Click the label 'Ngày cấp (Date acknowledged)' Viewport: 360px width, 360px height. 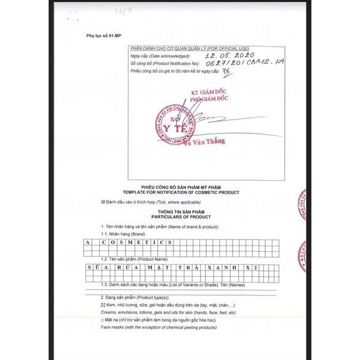[158, 56]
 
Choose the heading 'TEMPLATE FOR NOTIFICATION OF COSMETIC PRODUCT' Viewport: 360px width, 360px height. [180, 193]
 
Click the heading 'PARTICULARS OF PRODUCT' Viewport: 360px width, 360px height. [180, 218]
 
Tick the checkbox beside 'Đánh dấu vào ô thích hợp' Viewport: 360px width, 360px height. [102, 202]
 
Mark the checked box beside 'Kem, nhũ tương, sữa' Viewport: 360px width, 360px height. [103, 305]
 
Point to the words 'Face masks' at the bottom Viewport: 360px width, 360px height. [113, 329]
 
